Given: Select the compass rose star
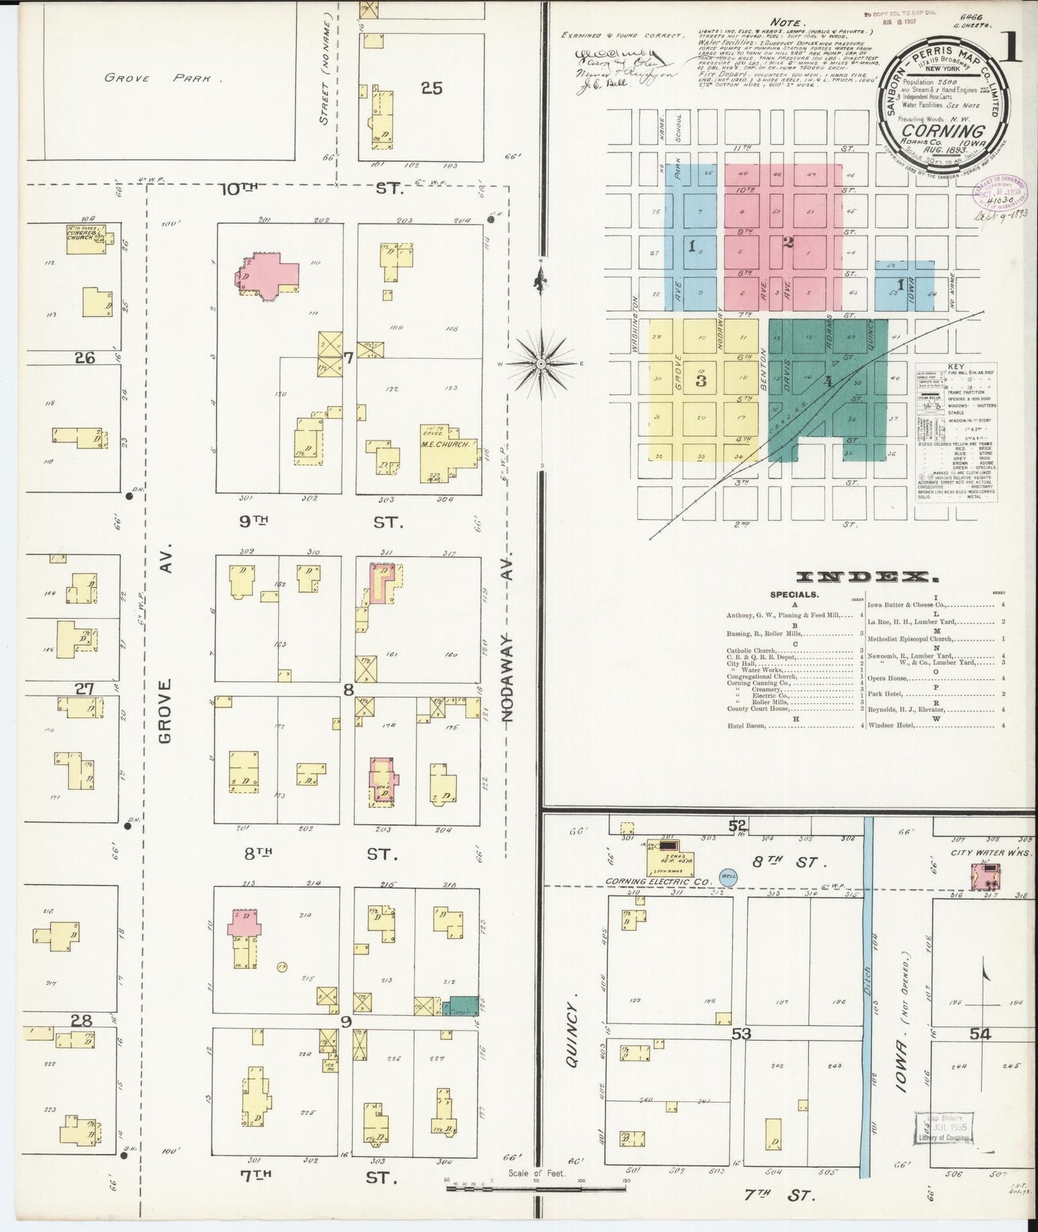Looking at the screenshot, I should tap(541, 364).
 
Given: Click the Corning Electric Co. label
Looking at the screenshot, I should tap(657, 881).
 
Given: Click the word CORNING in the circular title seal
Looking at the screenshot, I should tap(943, 132).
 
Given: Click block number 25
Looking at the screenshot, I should tap(432, 88).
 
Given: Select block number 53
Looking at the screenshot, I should tap(740, 1034).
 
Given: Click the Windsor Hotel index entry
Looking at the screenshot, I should tap(891, 725).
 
